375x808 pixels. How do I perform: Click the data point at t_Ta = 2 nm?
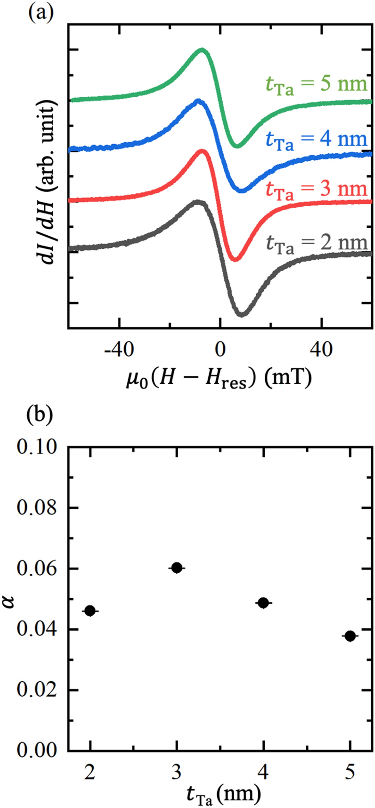pyautogui.click(x=90, y=610)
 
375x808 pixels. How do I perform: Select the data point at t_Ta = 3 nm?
pyautogui.click(x=177, y=568)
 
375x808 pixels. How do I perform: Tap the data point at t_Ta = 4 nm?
pyautogui.click(x=263, y=602)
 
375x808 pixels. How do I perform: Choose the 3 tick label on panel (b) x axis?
pyautogui.click(x=177, y=772)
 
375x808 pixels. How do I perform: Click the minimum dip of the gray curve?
pyautogui.click(x=241, y=314)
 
